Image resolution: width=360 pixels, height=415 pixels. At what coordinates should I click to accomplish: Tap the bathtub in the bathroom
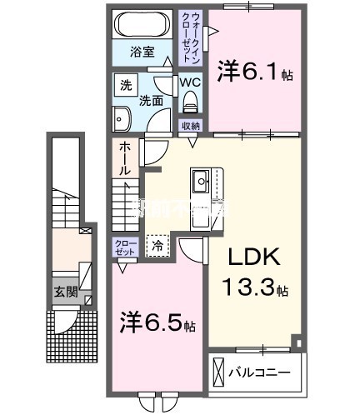click(143, 22)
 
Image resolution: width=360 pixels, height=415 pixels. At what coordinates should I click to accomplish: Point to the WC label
click(190, 83)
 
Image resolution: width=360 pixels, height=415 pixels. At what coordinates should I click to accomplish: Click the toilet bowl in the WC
click(190, 102)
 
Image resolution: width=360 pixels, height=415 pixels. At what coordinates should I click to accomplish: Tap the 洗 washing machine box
click(126, 85)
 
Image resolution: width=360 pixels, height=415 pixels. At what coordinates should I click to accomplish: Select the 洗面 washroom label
click(150, 101)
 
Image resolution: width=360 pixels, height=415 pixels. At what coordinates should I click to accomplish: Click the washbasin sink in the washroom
click(122, 119)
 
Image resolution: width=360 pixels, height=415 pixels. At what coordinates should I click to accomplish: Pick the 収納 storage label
click(191, 126)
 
